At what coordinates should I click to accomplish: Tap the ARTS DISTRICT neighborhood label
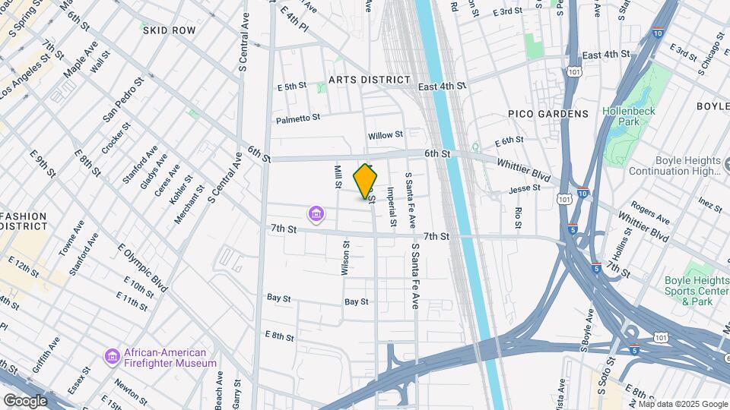tap(370, 80)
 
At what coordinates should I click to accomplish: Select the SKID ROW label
tap(169, 30)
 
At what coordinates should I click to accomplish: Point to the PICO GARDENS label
tap(548, 114)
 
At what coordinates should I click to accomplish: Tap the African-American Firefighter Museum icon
tap(113, 356)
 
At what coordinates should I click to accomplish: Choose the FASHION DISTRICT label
tap(23, 222)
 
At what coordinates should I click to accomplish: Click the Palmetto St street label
tap(298, 118)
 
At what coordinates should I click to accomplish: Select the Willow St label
tap(386, 135)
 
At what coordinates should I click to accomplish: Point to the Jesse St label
tap(524, 188)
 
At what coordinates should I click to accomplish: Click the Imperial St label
tap(392, 207)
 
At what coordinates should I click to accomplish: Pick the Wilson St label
tap(346, 258)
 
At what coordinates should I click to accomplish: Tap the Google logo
tap(25, 400)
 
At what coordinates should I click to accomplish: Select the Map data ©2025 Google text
tap(682, 404)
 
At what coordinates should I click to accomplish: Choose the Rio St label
tap(518, 217)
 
